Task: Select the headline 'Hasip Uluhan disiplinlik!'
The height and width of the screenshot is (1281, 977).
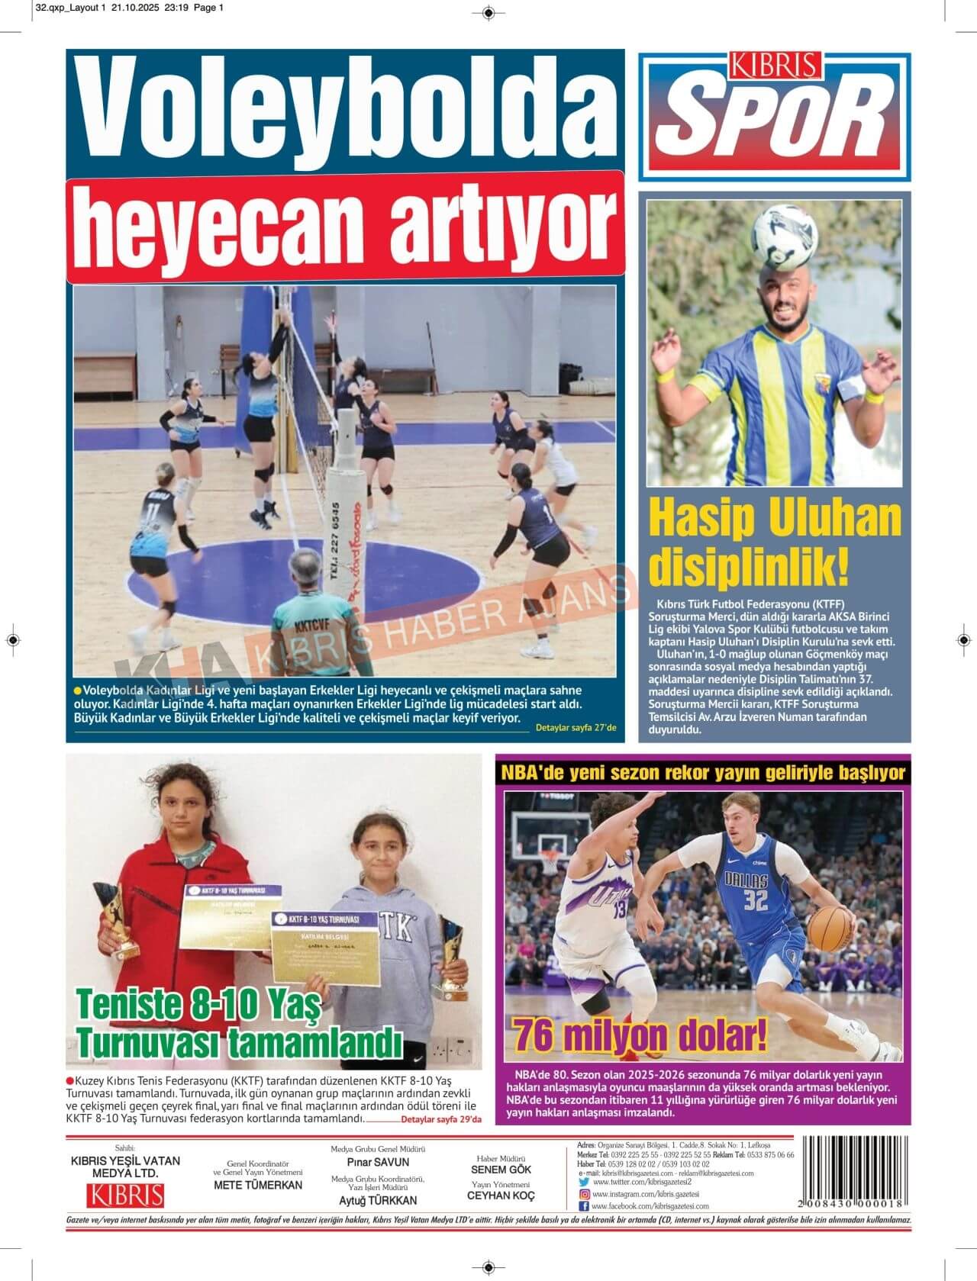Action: tap(774, 542)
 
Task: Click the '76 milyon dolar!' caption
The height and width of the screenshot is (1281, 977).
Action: tap(640, 1035)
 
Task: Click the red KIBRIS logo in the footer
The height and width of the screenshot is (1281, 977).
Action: tap(125, 1194)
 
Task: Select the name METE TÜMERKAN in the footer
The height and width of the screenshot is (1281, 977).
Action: tap(258, 1185)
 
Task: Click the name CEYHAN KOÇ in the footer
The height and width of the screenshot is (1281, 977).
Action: tap(501, 1196)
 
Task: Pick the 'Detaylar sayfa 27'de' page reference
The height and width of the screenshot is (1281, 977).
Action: tap(576, 728)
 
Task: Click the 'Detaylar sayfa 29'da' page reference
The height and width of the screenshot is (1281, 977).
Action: tap(441, 1119)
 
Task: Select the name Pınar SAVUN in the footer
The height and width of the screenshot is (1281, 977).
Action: tap(378, 1162)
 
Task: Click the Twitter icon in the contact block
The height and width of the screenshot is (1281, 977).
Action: tap(584, 1182)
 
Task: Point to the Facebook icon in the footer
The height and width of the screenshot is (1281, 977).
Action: tap(584, 1206)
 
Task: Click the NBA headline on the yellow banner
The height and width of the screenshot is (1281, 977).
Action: tap(703, 773)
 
